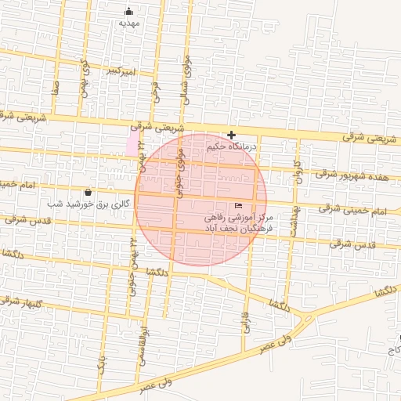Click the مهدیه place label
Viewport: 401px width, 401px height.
click(x=128, y=23)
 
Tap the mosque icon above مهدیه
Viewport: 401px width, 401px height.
click(x=129, y=12)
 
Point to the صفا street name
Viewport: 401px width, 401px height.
click(x=56, y=84)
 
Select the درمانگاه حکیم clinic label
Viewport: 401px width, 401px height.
click(x=257, y=146)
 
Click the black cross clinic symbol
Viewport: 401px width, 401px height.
click(x=231, y=135)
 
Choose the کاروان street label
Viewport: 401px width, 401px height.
click(x=298, y=170)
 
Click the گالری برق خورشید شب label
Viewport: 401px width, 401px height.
click(x=87, y=204)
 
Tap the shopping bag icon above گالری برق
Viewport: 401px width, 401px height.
click(x=87, y=192)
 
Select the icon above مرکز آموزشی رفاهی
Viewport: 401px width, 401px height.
click(x=238, y=206)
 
